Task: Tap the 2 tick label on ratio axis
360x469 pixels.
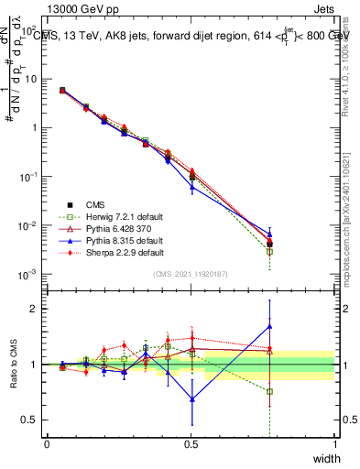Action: pos(34,309)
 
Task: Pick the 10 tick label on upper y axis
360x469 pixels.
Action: pos(31,79)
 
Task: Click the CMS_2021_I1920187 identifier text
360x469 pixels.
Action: pos(191,274)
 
